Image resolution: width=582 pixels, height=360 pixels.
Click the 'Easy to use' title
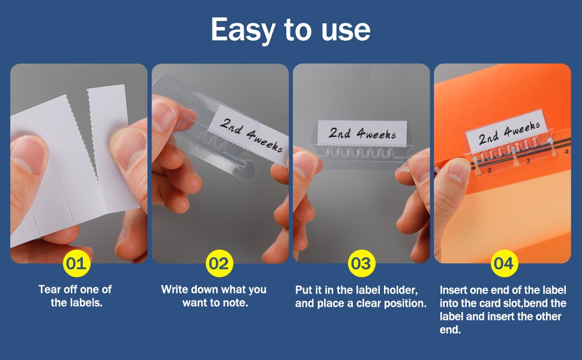pos(290,29)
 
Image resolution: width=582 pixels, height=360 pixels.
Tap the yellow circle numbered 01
pos(76,263)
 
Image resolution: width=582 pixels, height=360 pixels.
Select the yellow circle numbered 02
pos(220,263)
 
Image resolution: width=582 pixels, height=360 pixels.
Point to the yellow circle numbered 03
pos(361,263)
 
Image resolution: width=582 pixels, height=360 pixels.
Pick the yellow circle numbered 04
pos(504,263)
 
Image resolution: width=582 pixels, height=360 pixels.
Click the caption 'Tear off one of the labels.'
pos(76,296)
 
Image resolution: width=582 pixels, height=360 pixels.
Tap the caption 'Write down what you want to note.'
pos(214,296)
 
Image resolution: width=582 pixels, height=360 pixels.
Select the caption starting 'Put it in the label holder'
pos(361,296)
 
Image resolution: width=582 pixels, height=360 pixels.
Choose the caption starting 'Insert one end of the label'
pos(503,310)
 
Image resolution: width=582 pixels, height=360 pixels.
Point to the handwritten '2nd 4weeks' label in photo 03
pos(362,133)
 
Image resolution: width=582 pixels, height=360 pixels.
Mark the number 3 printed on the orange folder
pos(528,161)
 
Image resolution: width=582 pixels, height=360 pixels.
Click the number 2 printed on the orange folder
pos(490,170)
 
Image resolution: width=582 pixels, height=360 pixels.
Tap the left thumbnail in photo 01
pos(27,155)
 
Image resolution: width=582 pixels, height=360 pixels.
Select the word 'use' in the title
pos(346,31)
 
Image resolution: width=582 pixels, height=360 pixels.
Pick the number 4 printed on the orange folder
pos(566,151)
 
